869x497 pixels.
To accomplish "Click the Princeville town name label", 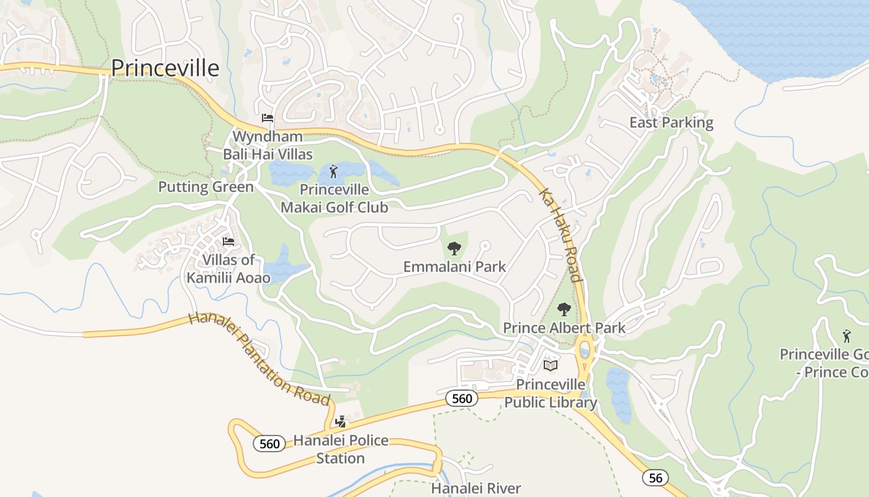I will pos(165,68).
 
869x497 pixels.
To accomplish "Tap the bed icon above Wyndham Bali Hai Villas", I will pos(268,118).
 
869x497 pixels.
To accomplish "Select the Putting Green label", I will pos(205,187).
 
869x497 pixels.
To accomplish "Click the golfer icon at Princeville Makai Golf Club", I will pos(334,171).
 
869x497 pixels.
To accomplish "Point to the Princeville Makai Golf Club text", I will pos(335,199).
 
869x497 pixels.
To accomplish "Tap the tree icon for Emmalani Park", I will pos(454,248).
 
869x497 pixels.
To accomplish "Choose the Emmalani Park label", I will pos(454,267).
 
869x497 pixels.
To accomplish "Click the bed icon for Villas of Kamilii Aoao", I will pos(228,242).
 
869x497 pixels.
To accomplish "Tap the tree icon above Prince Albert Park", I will pos(564,309).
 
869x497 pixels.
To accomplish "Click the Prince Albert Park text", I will pos(564,327).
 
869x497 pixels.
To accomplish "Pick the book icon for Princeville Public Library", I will pos(551,365).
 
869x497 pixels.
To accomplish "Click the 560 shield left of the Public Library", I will pos(462,398).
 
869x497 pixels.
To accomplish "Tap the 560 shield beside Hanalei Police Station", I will pos(269,443).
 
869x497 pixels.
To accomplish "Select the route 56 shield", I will pos(655,477).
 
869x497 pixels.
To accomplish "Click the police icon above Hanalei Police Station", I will pos(340,422).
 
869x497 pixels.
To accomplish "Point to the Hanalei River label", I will pos(476,488).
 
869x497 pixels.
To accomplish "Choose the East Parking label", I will pos(671,122).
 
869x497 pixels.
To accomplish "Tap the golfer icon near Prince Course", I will pos(847,336).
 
